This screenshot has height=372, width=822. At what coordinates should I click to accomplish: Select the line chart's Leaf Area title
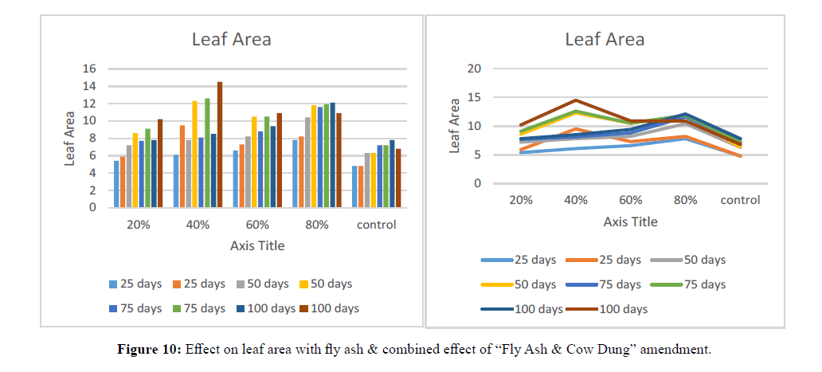(x=605, y=39)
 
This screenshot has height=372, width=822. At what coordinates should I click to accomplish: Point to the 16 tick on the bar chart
(x=90, y=69)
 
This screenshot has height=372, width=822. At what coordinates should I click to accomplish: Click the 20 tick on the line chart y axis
(x=474, y=69)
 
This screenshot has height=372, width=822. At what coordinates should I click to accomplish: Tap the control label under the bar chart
(x=377, y=225)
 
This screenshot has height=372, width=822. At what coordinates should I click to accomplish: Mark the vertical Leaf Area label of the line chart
(x=456, y=126)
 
